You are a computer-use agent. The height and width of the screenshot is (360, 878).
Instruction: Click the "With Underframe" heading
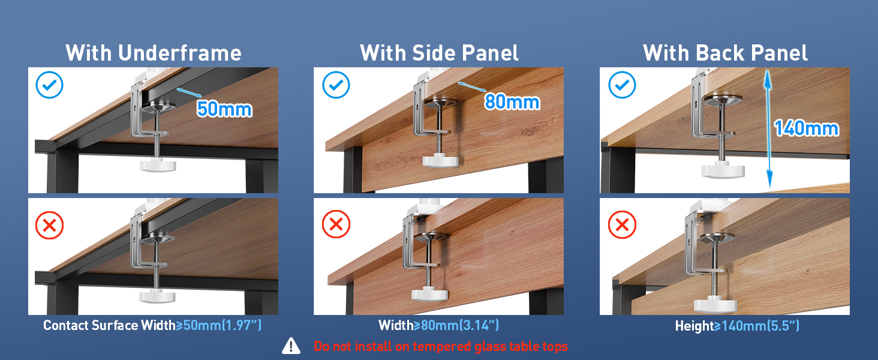point(154,53)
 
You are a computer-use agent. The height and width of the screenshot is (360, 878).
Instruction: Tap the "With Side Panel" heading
point(439,53)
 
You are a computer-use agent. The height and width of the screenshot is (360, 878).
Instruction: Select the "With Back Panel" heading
point(725,53)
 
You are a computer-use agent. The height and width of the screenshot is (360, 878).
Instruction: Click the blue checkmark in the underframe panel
point(49,85)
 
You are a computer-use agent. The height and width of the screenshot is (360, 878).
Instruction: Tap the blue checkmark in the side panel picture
point(336,85)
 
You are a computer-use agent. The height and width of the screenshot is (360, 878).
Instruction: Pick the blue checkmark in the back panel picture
point(622,85)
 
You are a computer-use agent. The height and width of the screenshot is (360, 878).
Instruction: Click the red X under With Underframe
point(49,226)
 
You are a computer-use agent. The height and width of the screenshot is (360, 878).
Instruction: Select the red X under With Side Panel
point(336,224)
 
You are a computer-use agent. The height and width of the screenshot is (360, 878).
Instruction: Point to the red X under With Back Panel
point(622,225)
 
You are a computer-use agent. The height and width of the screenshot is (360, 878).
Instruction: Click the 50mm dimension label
point(224,109)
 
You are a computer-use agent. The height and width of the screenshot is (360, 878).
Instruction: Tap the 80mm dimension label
point(512,102)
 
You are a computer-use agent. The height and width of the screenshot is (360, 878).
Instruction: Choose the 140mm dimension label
point(806,128)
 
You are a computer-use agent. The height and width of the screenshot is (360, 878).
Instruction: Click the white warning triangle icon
point(291,346)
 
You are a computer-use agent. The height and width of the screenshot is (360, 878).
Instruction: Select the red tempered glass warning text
point(441,346)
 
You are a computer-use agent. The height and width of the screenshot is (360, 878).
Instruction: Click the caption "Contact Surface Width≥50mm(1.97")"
point(152,325)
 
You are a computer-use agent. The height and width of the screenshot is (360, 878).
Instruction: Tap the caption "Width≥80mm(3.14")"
point(438,325)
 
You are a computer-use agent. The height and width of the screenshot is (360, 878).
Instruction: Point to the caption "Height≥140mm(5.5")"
point(737,325)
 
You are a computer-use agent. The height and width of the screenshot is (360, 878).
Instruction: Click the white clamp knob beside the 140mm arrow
point(723,170)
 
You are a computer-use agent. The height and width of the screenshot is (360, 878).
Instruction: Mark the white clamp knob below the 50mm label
point(158,165)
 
